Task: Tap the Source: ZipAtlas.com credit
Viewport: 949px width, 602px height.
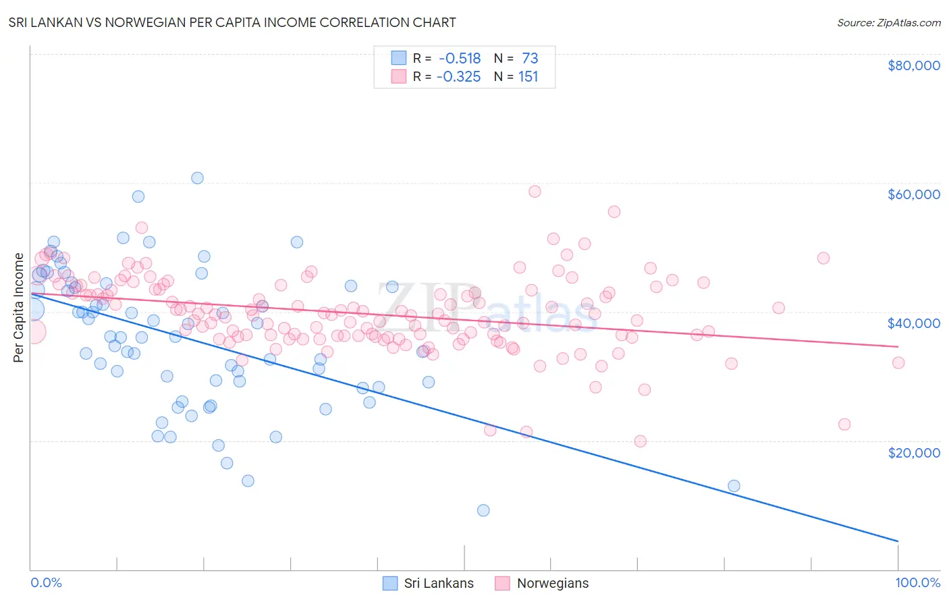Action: click(x=888, y=23)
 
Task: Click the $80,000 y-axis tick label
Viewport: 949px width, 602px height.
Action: click(x=913, y=65)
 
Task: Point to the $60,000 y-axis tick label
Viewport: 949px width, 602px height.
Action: click(x=913, y=194)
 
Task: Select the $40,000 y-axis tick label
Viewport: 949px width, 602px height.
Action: click(x=913, y=323)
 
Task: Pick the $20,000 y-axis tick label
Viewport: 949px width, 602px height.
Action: click(x=913, y=452)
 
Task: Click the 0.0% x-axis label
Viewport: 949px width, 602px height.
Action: click(x=46, y=582)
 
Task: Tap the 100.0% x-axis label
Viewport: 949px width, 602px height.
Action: click(x=917, y=582)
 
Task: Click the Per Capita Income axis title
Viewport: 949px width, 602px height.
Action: click(x=19, y=307)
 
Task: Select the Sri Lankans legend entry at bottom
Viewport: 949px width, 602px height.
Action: click(x=428, y=583)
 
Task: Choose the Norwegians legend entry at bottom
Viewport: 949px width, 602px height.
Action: click(x=541, y=583)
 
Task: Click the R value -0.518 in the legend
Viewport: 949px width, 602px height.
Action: click(x=458, y=59)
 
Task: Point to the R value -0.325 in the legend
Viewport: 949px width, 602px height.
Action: click(x=458, y=77)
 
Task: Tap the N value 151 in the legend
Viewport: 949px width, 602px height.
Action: click(x=528, y=77)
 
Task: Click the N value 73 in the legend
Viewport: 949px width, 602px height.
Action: click(x=530, y=59)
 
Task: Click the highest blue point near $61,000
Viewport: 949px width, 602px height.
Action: click(x=197, y=178)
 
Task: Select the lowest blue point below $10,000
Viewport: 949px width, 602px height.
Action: click(x=483, y=510)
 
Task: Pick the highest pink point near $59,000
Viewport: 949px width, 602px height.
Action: click(x=535, y=191)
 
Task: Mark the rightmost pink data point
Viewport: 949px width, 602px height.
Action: click(x=898, y=362)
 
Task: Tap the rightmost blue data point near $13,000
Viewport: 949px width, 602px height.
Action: click(x=734, y=486)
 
